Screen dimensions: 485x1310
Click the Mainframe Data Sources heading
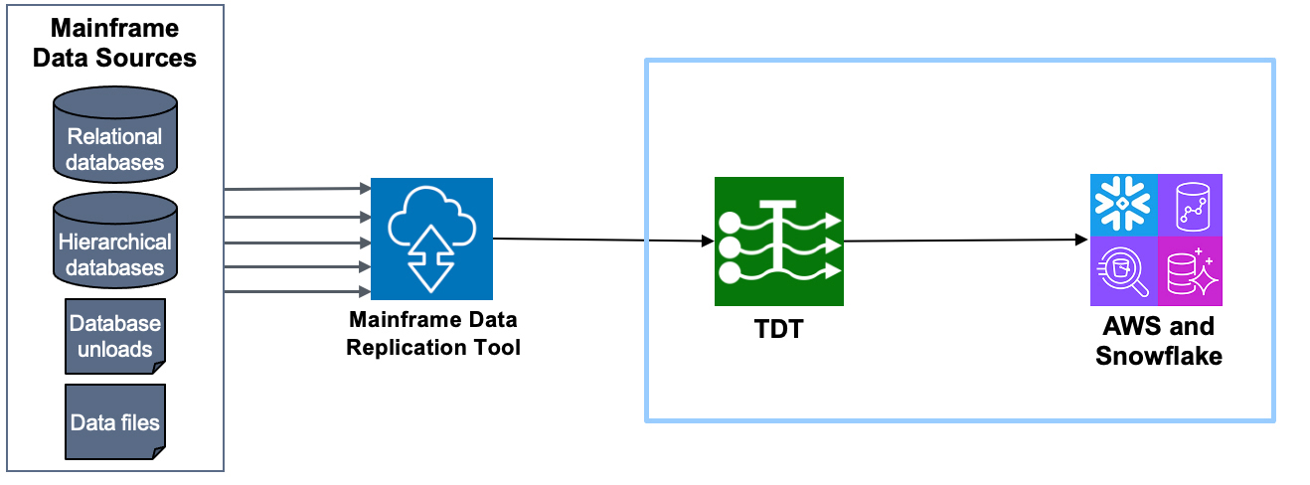point(115,43)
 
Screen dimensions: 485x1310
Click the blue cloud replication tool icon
point(431,239)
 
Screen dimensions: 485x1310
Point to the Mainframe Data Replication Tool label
point(433,335)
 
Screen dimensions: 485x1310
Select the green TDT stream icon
point(778,242)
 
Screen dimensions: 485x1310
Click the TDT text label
point(778,330)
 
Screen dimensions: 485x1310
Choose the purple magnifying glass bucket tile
point(1123,272)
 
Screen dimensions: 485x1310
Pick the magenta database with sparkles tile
point(1190,272)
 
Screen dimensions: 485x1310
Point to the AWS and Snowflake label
point(1159,341)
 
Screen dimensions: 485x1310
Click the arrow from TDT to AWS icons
point(964,240)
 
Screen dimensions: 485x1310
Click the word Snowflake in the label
point(1159,356)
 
